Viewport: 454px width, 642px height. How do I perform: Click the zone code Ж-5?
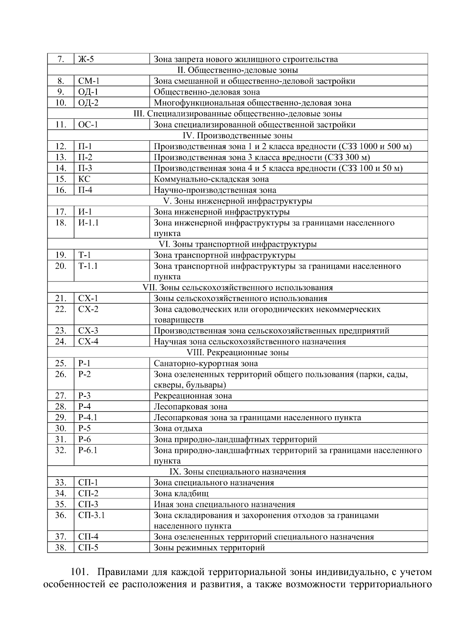tap(86, 59)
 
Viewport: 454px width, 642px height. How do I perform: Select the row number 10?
tap(61, 103)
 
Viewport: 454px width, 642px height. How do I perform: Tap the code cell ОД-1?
tap(88, 92)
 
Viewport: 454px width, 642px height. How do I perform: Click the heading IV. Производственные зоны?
tap(238, 135)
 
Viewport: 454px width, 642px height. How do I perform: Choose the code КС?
tap(84, 179)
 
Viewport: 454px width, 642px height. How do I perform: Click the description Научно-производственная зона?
tap(215, 190)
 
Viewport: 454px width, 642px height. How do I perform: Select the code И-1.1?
tap(88, 223)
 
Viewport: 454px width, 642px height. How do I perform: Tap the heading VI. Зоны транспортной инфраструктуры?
tap(238, 244)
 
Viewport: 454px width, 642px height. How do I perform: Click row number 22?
tap(61, 309)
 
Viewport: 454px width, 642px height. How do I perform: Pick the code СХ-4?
tap(88, 342)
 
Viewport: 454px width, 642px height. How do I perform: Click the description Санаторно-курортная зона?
tap(205, 364)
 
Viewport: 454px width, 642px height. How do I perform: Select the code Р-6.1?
tap(88, 450)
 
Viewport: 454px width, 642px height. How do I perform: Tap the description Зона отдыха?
tap(178, 429)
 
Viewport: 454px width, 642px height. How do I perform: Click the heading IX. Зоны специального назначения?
tap(238, 472)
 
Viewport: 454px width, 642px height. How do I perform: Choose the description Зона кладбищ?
tap(181, 494)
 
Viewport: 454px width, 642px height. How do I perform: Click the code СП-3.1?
tap(91, 515)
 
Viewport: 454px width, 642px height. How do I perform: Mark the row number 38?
tap(61, 548)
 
